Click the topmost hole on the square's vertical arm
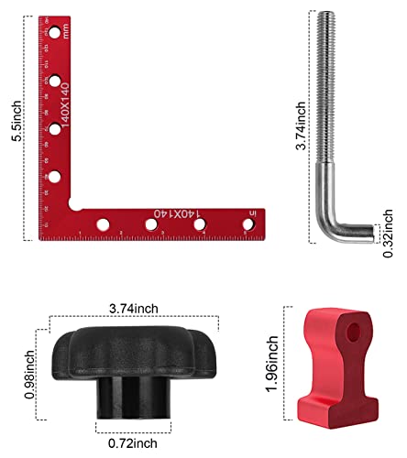[55, 33]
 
